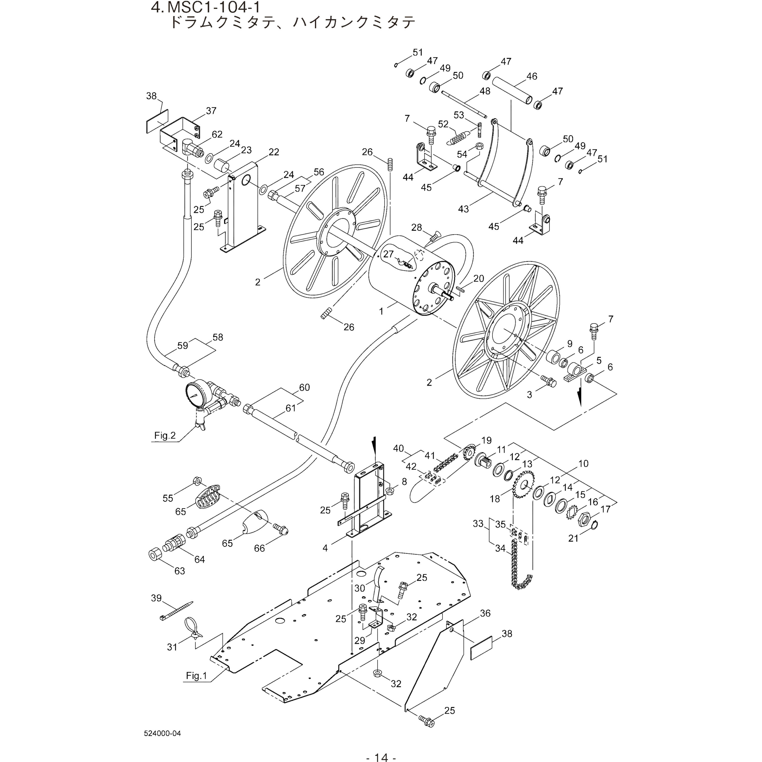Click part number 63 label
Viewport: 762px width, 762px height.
click(x=180, y=571)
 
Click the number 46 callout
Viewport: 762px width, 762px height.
click(x=532, y=76)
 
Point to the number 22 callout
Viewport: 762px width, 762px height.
click(x=274, y=152)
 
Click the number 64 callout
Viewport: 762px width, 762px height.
click(x=200, y=559)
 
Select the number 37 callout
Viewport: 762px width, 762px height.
click(x=211, y=110)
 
